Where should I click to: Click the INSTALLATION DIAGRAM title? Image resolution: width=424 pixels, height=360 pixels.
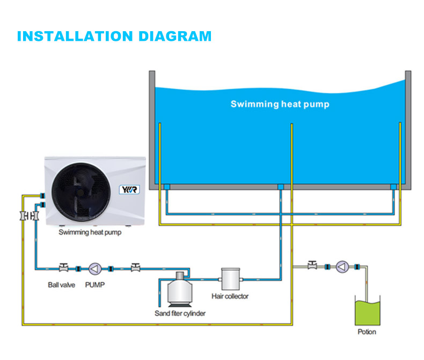click(x=114, y=37)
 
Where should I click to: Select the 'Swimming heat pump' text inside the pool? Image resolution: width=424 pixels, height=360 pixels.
click(x=280, y=104)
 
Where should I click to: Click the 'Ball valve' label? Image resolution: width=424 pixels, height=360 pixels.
click(x=61, y=285)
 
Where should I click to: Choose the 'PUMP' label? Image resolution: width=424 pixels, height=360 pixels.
click(x=95, y=285)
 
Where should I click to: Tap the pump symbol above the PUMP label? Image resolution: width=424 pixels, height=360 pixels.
click(x=95, y=268)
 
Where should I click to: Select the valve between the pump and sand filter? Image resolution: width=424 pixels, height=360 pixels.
click(x=136, y=267)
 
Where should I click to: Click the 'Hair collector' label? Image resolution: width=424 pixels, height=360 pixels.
click(x=230, y=296)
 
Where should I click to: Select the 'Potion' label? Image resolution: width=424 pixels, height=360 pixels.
click(x=367, y=332)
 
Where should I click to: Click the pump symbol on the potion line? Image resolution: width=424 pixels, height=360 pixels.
click(x=342, y=267)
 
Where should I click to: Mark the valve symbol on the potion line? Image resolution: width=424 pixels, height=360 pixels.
click(x=312, y=265)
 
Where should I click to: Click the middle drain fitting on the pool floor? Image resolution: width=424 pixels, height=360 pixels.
click(x=279, y=186)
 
